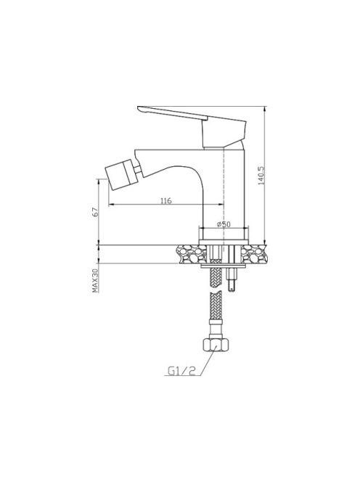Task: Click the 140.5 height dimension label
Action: click(x=261, y=176)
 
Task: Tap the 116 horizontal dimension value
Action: click(x=166, y=201)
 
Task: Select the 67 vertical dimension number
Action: click(x=95, y=212)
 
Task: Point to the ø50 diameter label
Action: click(x=224, y=224)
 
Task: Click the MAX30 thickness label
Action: click(x=95, y=281)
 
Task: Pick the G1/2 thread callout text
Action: click(x=181, y=371)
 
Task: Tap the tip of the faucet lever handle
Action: click(x=138, y=108)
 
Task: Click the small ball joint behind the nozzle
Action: click(x=138, y=170)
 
